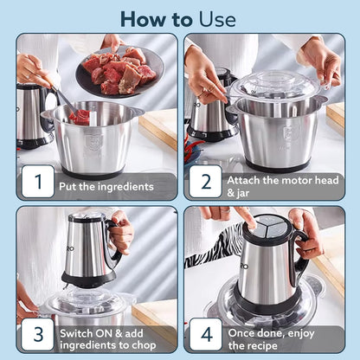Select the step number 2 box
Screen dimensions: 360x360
(x=205, y=183)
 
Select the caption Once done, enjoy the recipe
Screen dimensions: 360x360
(x=277, y=334)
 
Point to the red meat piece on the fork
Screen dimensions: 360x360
(x=80, y=115)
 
